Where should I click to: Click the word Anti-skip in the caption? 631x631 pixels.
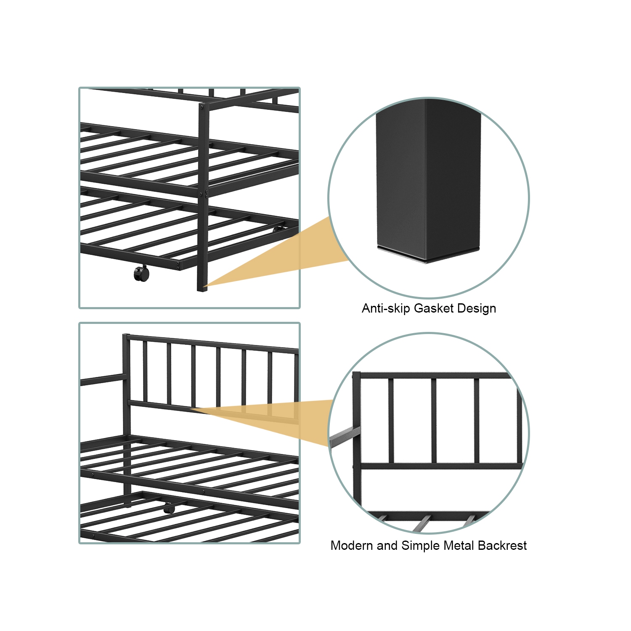point(385,308)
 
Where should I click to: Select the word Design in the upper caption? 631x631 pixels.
point(477,308)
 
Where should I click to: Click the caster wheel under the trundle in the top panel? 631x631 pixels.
point(141,274)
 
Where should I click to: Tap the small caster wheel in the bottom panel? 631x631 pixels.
point(169,509)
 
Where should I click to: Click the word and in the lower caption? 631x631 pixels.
point(387,546)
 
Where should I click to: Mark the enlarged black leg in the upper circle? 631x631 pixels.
point(428,177)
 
